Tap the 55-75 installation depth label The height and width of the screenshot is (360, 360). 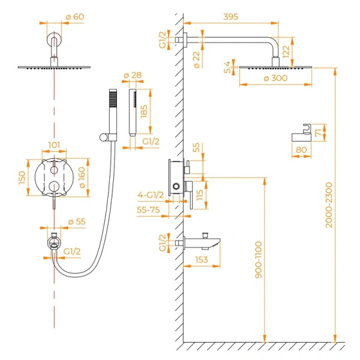click(148, 210)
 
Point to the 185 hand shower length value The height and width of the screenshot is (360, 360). click(160, 112)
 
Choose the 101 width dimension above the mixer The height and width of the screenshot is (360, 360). click(54, 145)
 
